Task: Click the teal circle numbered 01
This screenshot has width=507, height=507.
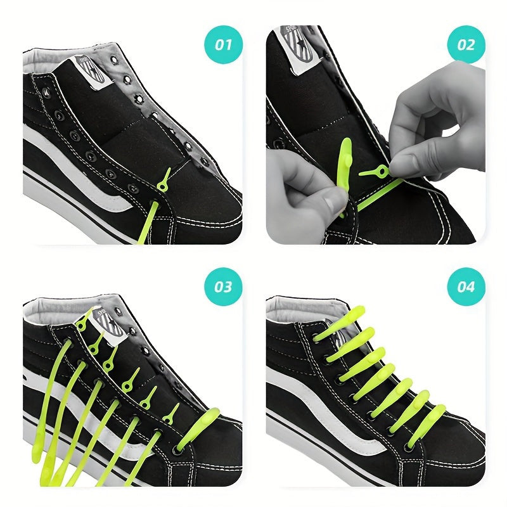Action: (223, 45)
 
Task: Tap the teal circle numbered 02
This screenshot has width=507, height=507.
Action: (466, 45)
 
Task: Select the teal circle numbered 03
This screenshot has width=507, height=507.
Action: (223, 286)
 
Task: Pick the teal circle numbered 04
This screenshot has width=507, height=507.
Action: (466, 286)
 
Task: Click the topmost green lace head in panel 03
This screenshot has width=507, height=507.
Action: (82, 323)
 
